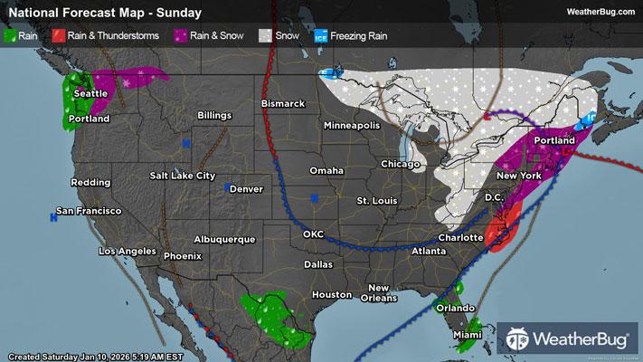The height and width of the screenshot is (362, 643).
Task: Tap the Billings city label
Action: point(214,116)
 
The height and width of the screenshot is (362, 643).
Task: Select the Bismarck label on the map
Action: point(283,104)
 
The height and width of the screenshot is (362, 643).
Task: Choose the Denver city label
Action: point(246,189)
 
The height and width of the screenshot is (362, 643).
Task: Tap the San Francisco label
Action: point(89,211)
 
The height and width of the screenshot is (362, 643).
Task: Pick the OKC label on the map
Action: point(313,234)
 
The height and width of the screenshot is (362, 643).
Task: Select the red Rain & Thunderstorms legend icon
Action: point(57,36)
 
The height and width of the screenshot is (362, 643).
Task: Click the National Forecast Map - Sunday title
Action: point(101,13)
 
